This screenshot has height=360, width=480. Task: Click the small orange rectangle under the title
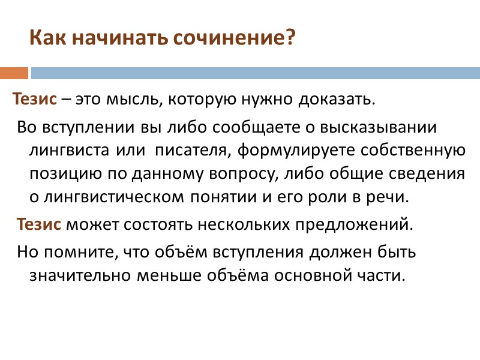coord(14,73)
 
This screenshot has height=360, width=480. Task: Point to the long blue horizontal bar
coord(255,73)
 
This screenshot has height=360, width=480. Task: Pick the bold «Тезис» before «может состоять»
coord(39,225)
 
